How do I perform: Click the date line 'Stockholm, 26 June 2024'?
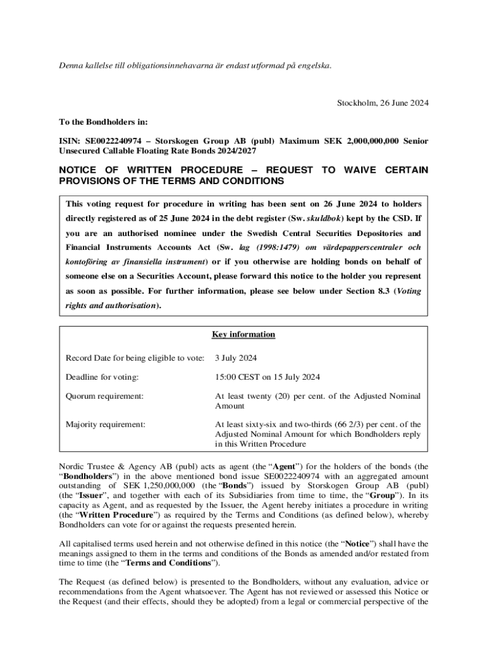[383, 103]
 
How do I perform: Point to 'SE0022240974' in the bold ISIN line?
[114, 141]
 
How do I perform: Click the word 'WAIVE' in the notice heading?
[360, 170]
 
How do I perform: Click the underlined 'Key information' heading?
[244, 334]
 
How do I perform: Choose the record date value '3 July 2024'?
[236, 358]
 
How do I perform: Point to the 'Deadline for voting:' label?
[102, 377]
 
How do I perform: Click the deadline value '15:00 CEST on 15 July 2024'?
[268, 377]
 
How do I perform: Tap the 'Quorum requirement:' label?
[104, 396]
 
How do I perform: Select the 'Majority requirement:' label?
[106, 425]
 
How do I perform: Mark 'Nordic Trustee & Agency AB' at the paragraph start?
[111, 466]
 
